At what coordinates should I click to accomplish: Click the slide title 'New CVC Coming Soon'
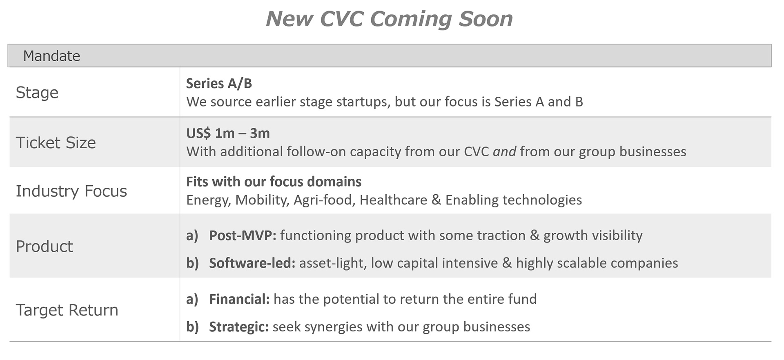point(389,19)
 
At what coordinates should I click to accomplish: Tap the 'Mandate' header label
point(51,56)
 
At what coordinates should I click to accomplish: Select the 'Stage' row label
point(37,93)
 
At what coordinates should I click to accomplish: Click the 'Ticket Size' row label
point(56,142)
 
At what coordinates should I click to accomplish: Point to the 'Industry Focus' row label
point(71,191)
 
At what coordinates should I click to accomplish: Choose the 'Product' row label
point(44,246)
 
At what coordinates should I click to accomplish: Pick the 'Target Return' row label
point(67,310)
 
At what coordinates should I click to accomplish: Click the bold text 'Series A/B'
point(219,83)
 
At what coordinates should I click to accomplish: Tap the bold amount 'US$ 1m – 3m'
point(228,133)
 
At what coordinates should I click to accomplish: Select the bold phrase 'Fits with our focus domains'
point(274,182)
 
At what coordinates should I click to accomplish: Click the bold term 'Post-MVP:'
point(243,236)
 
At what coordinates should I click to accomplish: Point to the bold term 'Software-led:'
point(252,263)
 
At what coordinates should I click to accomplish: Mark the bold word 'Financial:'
point(239,299)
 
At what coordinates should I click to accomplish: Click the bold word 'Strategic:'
point(238,327)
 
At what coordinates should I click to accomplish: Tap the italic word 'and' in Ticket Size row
point(504,152)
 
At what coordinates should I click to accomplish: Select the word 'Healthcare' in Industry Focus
point(393,200)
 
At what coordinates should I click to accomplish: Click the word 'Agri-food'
point(323,200)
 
